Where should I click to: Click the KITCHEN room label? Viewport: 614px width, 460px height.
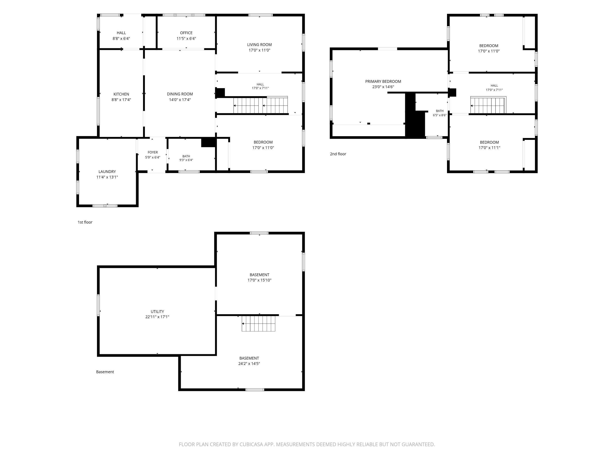121,94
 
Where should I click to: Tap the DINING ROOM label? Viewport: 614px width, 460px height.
180,94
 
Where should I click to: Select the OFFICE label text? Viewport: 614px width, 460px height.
186,33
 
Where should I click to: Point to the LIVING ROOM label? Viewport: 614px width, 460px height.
260,45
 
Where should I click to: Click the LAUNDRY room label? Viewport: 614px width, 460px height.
107,172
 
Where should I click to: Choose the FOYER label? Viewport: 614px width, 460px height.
153,152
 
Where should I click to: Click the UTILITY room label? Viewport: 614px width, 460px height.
157,312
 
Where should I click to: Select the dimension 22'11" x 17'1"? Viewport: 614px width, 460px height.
157,317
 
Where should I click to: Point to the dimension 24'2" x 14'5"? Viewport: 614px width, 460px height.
249,364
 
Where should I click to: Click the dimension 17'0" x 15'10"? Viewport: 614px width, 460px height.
260,280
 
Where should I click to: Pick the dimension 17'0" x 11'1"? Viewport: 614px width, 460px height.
489,148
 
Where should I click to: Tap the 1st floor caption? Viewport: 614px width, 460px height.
85,222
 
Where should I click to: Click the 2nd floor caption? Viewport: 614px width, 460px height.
338,154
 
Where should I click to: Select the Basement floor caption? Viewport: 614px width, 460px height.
105,372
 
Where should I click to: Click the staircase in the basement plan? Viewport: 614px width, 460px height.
258,324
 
